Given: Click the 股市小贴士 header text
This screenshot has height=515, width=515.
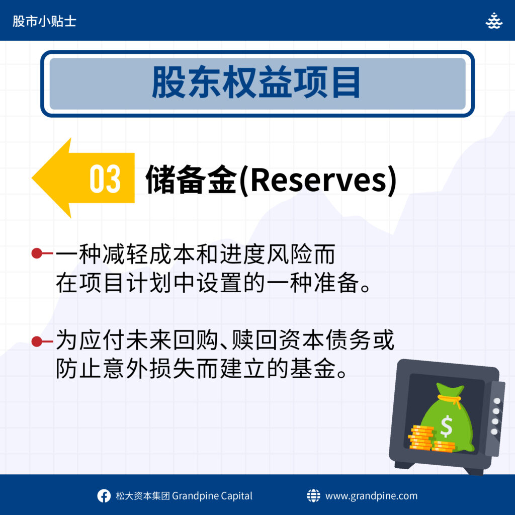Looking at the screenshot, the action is coord(44,21).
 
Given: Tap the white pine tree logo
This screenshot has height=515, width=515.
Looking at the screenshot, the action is coord(494,21).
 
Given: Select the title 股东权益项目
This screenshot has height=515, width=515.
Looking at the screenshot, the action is coord(256,82).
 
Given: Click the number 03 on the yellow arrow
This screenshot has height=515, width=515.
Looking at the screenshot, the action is coord(105,179).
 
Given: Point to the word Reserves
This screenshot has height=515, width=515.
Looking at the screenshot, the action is coord(318,180).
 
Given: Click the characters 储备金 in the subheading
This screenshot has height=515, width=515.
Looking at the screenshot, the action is coord(192,180).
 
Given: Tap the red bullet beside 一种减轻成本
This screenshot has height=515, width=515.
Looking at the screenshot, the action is coord(37,253).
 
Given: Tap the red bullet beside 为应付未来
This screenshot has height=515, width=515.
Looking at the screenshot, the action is coord(37,341).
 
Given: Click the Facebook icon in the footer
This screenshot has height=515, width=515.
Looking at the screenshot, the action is coord(104,495).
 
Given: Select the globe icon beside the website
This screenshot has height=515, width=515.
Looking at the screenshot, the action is coord(313,495).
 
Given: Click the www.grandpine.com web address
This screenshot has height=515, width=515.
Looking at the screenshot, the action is coord(372,496).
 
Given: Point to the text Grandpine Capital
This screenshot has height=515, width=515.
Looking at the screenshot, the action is coord(212,496).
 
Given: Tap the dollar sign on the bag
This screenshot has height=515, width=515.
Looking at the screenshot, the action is coord(447,426).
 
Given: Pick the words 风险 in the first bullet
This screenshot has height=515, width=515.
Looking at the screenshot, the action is coord(290,254).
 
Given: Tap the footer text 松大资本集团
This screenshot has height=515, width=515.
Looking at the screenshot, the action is coord(142,496).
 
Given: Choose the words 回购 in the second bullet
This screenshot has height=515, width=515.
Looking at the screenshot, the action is coord(196,340).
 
